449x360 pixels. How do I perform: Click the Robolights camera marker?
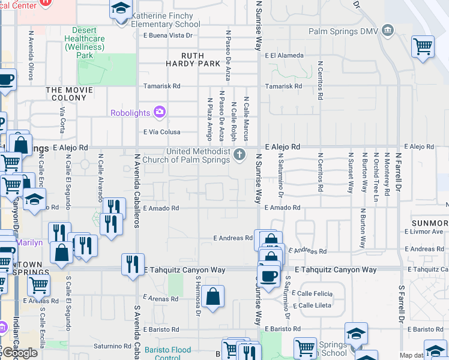pos(160,112)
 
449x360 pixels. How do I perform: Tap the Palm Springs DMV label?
pos(344,31)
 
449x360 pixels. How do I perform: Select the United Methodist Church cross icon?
pos(240,155)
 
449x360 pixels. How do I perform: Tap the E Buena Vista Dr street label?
pos(168,35)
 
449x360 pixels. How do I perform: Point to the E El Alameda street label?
pos(285,56)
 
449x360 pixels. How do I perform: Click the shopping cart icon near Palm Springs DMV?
pos(423,46)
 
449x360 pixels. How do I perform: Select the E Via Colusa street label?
pos(162,132)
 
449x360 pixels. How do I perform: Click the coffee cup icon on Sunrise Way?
pos(268,276)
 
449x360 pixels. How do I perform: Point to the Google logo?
pos(19,353)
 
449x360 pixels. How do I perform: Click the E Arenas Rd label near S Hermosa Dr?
pos(161,298)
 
